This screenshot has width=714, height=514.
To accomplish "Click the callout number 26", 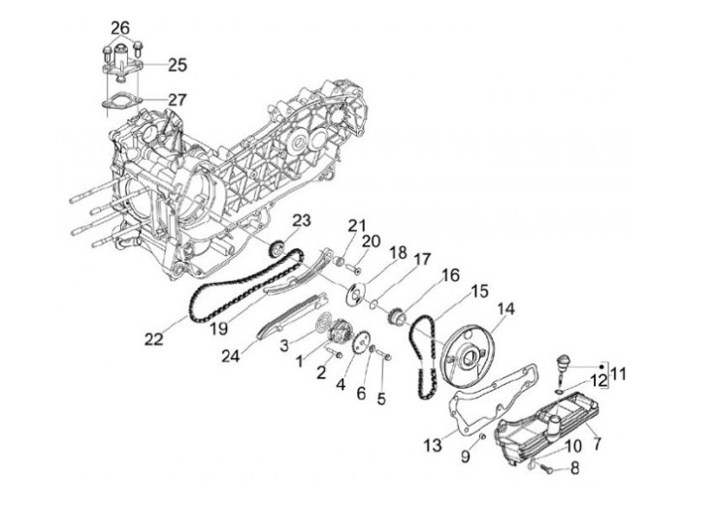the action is click(120, 26).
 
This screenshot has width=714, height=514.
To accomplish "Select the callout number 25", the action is click(178, 64).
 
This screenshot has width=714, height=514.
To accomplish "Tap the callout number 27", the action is click(178, 99).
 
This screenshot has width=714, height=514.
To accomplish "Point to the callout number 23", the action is click(301, 220).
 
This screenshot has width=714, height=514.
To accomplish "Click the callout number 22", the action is click(153, 338).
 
